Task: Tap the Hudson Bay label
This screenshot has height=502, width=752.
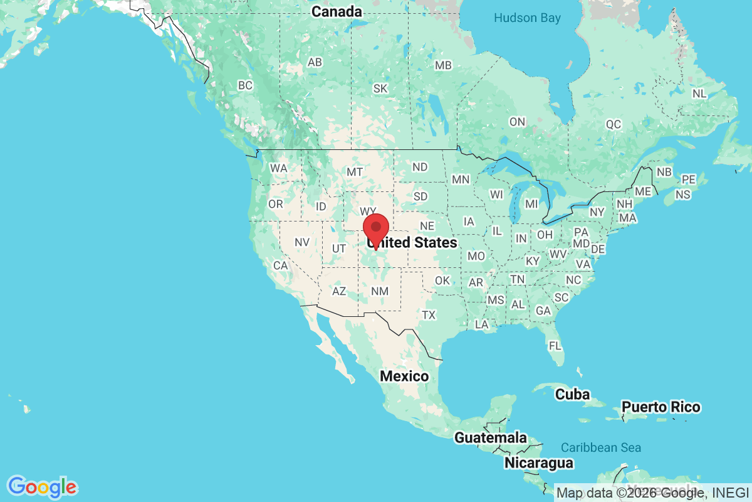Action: tap(527, 18)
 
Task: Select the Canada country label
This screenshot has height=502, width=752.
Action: tap(337, 11)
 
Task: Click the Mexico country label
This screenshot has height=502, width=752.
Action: tap(405, 376)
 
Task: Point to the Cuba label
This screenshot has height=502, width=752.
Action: tap(573, 394)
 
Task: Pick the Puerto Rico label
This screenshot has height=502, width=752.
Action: tap(661, 407)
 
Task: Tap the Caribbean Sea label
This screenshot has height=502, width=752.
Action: tap(601, 447)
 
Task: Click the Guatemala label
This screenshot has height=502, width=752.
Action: tap(491, 437)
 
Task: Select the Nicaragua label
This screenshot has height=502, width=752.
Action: tap(539, 463)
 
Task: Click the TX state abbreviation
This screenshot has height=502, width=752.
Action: tap(429, 314)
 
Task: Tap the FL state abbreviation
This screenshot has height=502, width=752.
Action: tap(555, 346)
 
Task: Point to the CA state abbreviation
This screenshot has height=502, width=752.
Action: tap(280, 265)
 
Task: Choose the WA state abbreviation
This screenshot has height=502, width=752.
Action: tap(278, 168)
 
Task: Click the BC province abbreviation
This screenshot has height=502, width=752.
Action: tap(245, 85)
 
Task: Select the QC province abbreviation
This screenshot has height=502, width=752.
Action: tap(613, 124)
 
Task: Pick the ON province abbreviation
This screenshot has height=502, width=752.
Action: tap(517, 122)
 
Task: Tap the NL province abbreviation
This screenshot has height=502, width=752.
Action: tap(699, 93)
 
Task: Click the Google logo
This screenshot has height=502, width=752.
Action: tap(42, 486)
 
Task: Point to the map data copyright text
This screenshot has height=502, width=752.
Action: tap(652, 493)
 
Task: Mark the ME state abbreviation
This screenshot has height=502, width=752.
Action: tap(643, 191)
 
